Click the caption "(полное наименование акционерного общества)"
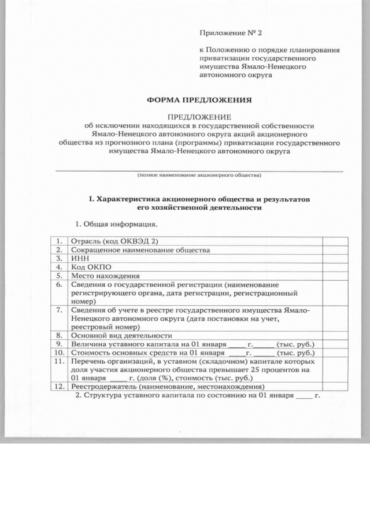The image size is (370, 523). click(x=199, y=175)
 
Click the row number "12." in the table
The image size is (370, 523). click(x=58, y=387)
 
